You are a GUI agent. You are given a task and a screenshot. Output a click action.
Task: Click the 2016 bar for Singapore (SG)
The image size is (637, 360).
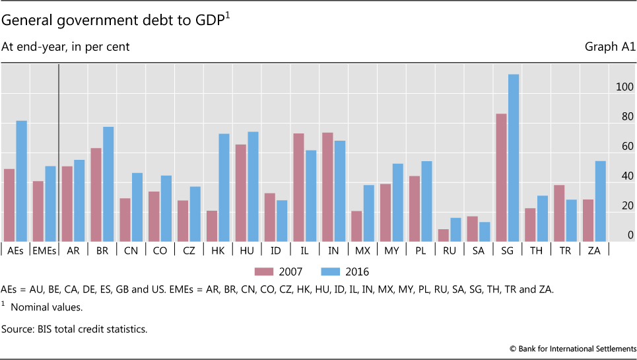pos(514,158)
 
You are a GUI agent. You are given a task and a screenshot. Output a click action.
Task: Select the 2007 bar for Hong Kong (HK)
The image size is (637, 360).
pos(212,226)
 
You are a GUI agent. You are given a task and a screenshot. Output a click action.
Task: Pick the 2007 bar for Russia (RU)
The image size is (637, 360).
pos(443,235)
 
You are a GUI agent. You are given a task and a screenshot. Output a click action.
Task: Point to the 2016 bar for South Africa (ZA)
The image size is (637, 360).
pos(600,201)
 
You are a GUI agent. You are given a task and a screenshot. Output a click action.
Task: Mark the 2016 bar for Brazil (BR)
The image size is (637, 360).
pos(108,184)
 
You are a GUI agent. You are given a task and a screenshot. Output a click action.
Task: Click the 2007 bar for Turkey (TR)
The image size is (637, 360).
pos(559,213)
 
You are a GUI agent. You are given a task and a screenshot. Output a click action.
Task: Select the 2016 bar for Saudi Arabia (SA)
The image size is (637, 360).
pos(485,231)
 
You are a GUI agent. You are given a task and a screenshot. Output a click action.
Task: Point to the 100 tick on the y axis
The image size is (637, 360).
pos(624,87)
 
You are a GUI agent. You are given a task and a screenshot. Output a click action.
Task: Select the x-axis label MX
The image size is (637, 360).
pos(363,250)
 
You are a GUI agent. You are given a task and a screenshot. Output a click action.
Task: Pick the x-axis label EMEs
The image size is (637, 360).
pos(44,250)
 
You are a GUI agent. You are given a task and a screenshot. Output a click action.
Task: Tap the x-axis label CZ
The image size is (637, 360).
pos(189,250)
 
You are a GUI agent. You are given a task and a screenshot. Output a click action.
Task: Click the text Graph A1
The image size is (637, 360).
pos(609,47)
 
